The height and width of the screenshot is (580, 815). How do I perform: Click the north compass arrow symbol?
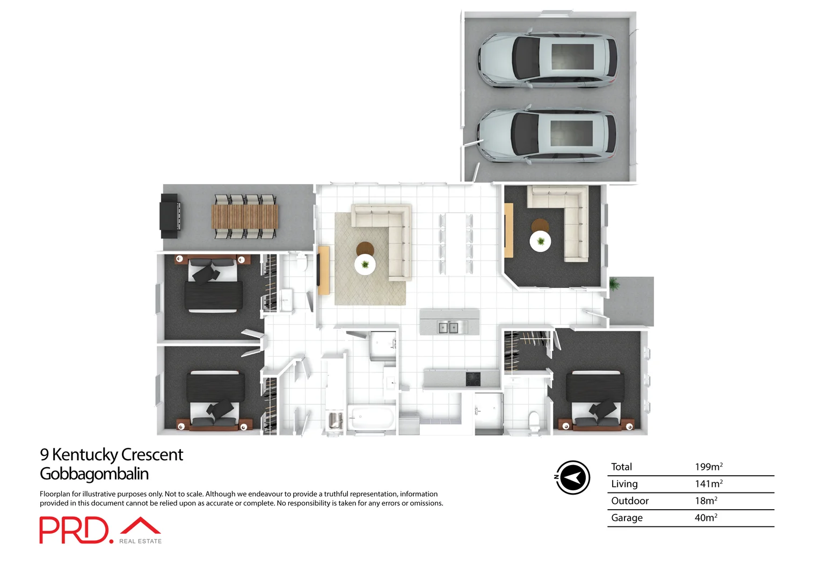click(572, 477)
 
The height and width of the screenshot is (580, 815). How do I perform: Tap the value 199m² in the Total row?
click(708, 467)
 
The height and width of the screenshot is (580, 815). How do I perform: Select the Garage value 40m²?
click(705, 518)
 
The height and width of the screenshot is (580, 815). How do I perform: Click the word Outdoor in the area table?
click(630, 501)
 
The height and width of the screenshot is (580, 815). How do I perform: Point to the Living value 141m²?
click(708, 483)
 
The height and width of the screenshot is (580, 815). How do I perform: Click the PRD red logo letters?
click(74, 530)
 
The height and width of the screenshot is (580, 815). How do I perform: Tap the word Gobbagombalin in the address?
click(94, 474)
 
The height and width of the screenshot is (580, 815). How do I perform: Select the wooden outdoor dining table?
click(245, 216)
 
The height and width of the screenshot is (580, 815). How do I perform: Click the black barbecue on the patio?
click(170, 216)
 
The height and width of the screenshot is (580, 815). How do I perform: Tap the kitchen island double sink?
click(448, 327)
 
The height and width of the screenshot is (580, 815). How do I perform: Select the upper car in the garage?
click(548, 60)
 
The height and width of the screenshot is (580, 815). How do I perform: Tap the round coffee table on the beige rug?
click(365, 264)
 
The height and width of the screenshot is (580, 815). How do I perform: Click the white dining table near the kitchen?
click(455, 244)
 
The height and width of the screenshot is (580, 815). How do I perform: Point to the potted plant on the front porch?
click(614, 284)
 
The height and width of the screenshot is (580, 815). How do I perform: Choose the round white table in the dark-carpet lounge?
click(540, 242)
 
